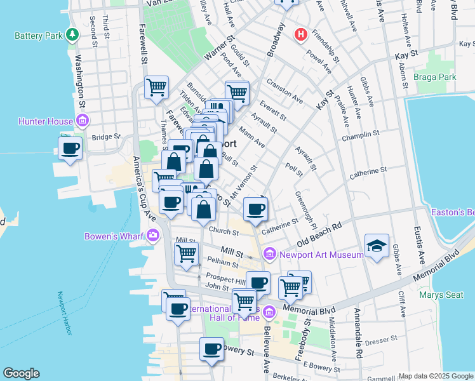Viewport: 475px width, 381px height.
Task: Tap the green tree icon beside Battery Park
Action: (x=74, y=34)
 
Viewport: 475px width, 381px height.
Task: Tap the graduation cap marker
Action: (x=377, y=246)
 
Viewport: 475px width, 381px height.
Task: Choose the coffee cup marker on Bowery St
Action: (x=212, y=348)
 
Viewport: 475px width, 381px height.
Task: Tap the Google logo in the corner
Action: (x=21, y=373)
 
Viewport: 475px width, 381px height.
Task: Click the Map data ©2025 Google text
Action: (x=435, y=375)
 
